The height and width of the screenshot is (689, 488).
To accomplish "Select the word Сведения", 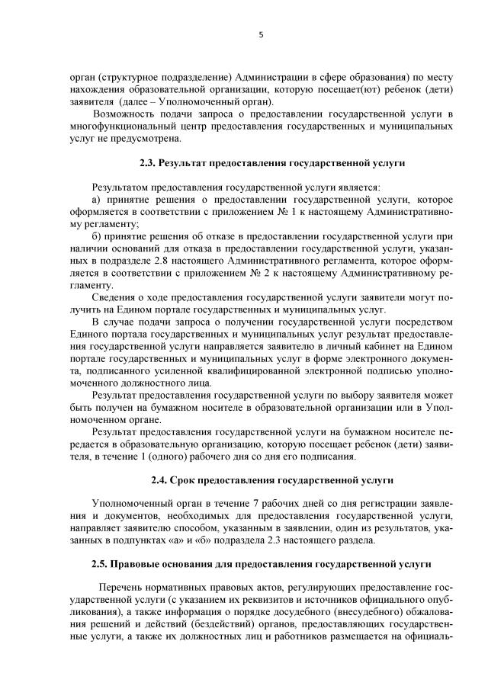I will coord(114,296).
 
